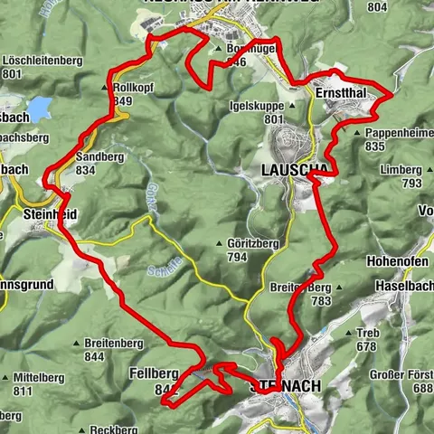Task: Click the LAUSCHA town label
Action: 290,169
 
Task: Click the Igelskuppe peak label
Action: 262,106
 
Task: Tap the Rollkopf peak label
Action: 135,88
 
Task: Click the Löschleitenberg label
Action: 42,61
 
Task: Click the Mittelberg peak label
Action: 34,378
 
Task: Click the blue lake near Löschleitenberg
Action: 39,109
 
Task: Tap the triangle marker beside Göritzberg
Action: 222,243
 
